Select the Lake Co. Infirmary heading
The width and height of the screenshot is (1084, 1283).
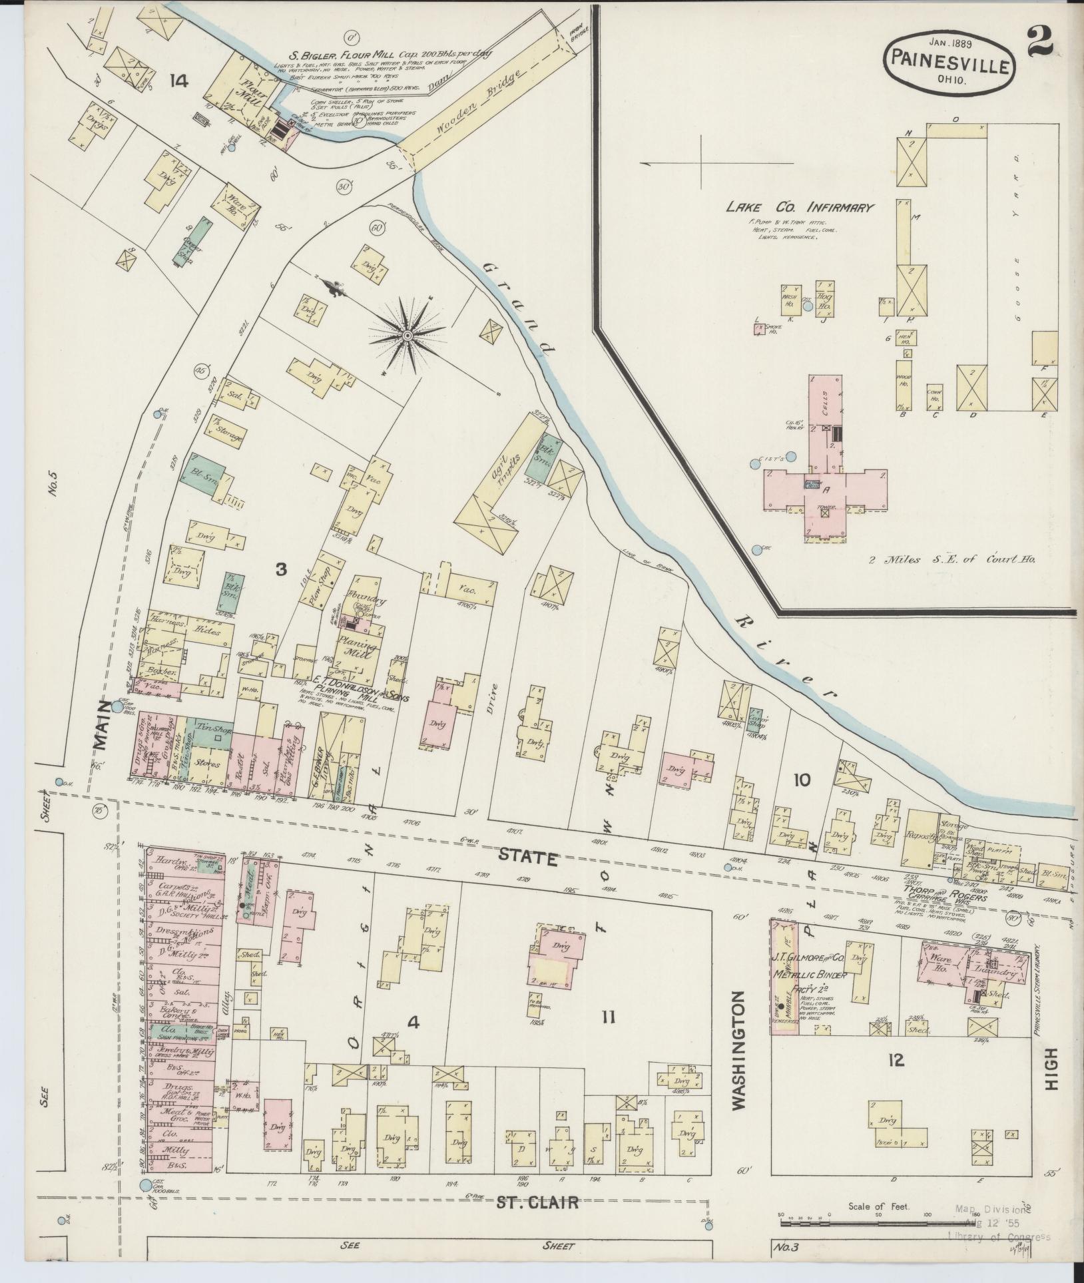point(798,208)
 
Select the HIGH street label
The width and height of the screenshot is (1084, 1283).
point(1051,1060)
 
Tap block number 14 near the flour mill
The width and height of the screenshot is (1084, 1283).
point(178,81)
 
